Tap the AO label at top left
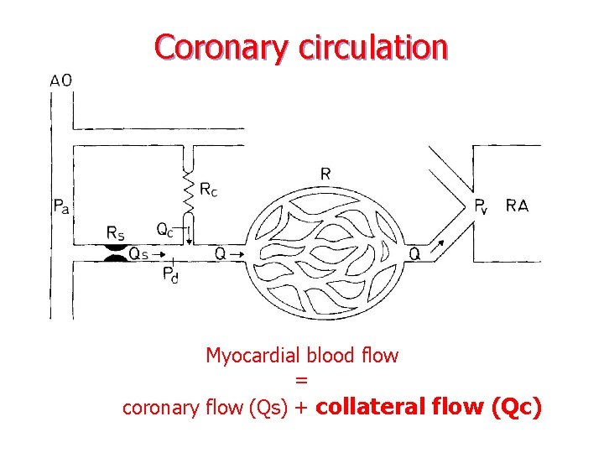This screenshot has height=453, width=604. point(60,81)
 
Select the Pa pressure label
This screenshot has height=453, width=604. point(60,206)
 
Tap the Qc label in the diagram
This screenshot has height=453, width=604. point(165,229)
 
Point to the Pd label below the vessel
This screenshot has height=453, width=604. point(169,274)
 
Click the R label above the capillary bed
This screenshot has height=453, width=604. point(325,174)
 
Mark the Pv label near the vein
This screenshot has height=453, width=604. point(481,206)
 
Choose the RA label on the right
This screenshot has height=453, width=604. point(518,206)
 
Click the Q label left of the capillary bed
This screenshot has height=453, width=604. point(220,252)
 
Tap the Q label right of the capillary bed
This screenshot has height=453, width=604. point(414,253)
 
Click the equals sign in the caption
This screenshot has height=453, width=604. point(302,382)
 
